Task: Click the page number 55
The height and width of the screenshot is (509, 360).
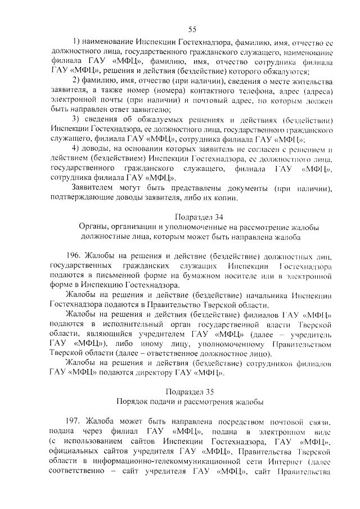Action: pyautogui.click(x=192, y=29)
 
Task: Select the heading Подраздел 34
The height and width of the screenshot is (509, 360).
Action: pyautogui.click(x=192, y=216)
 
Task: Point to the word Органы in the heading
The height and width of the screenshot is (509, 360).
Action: pyautogui.click(x=93, y=227)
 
